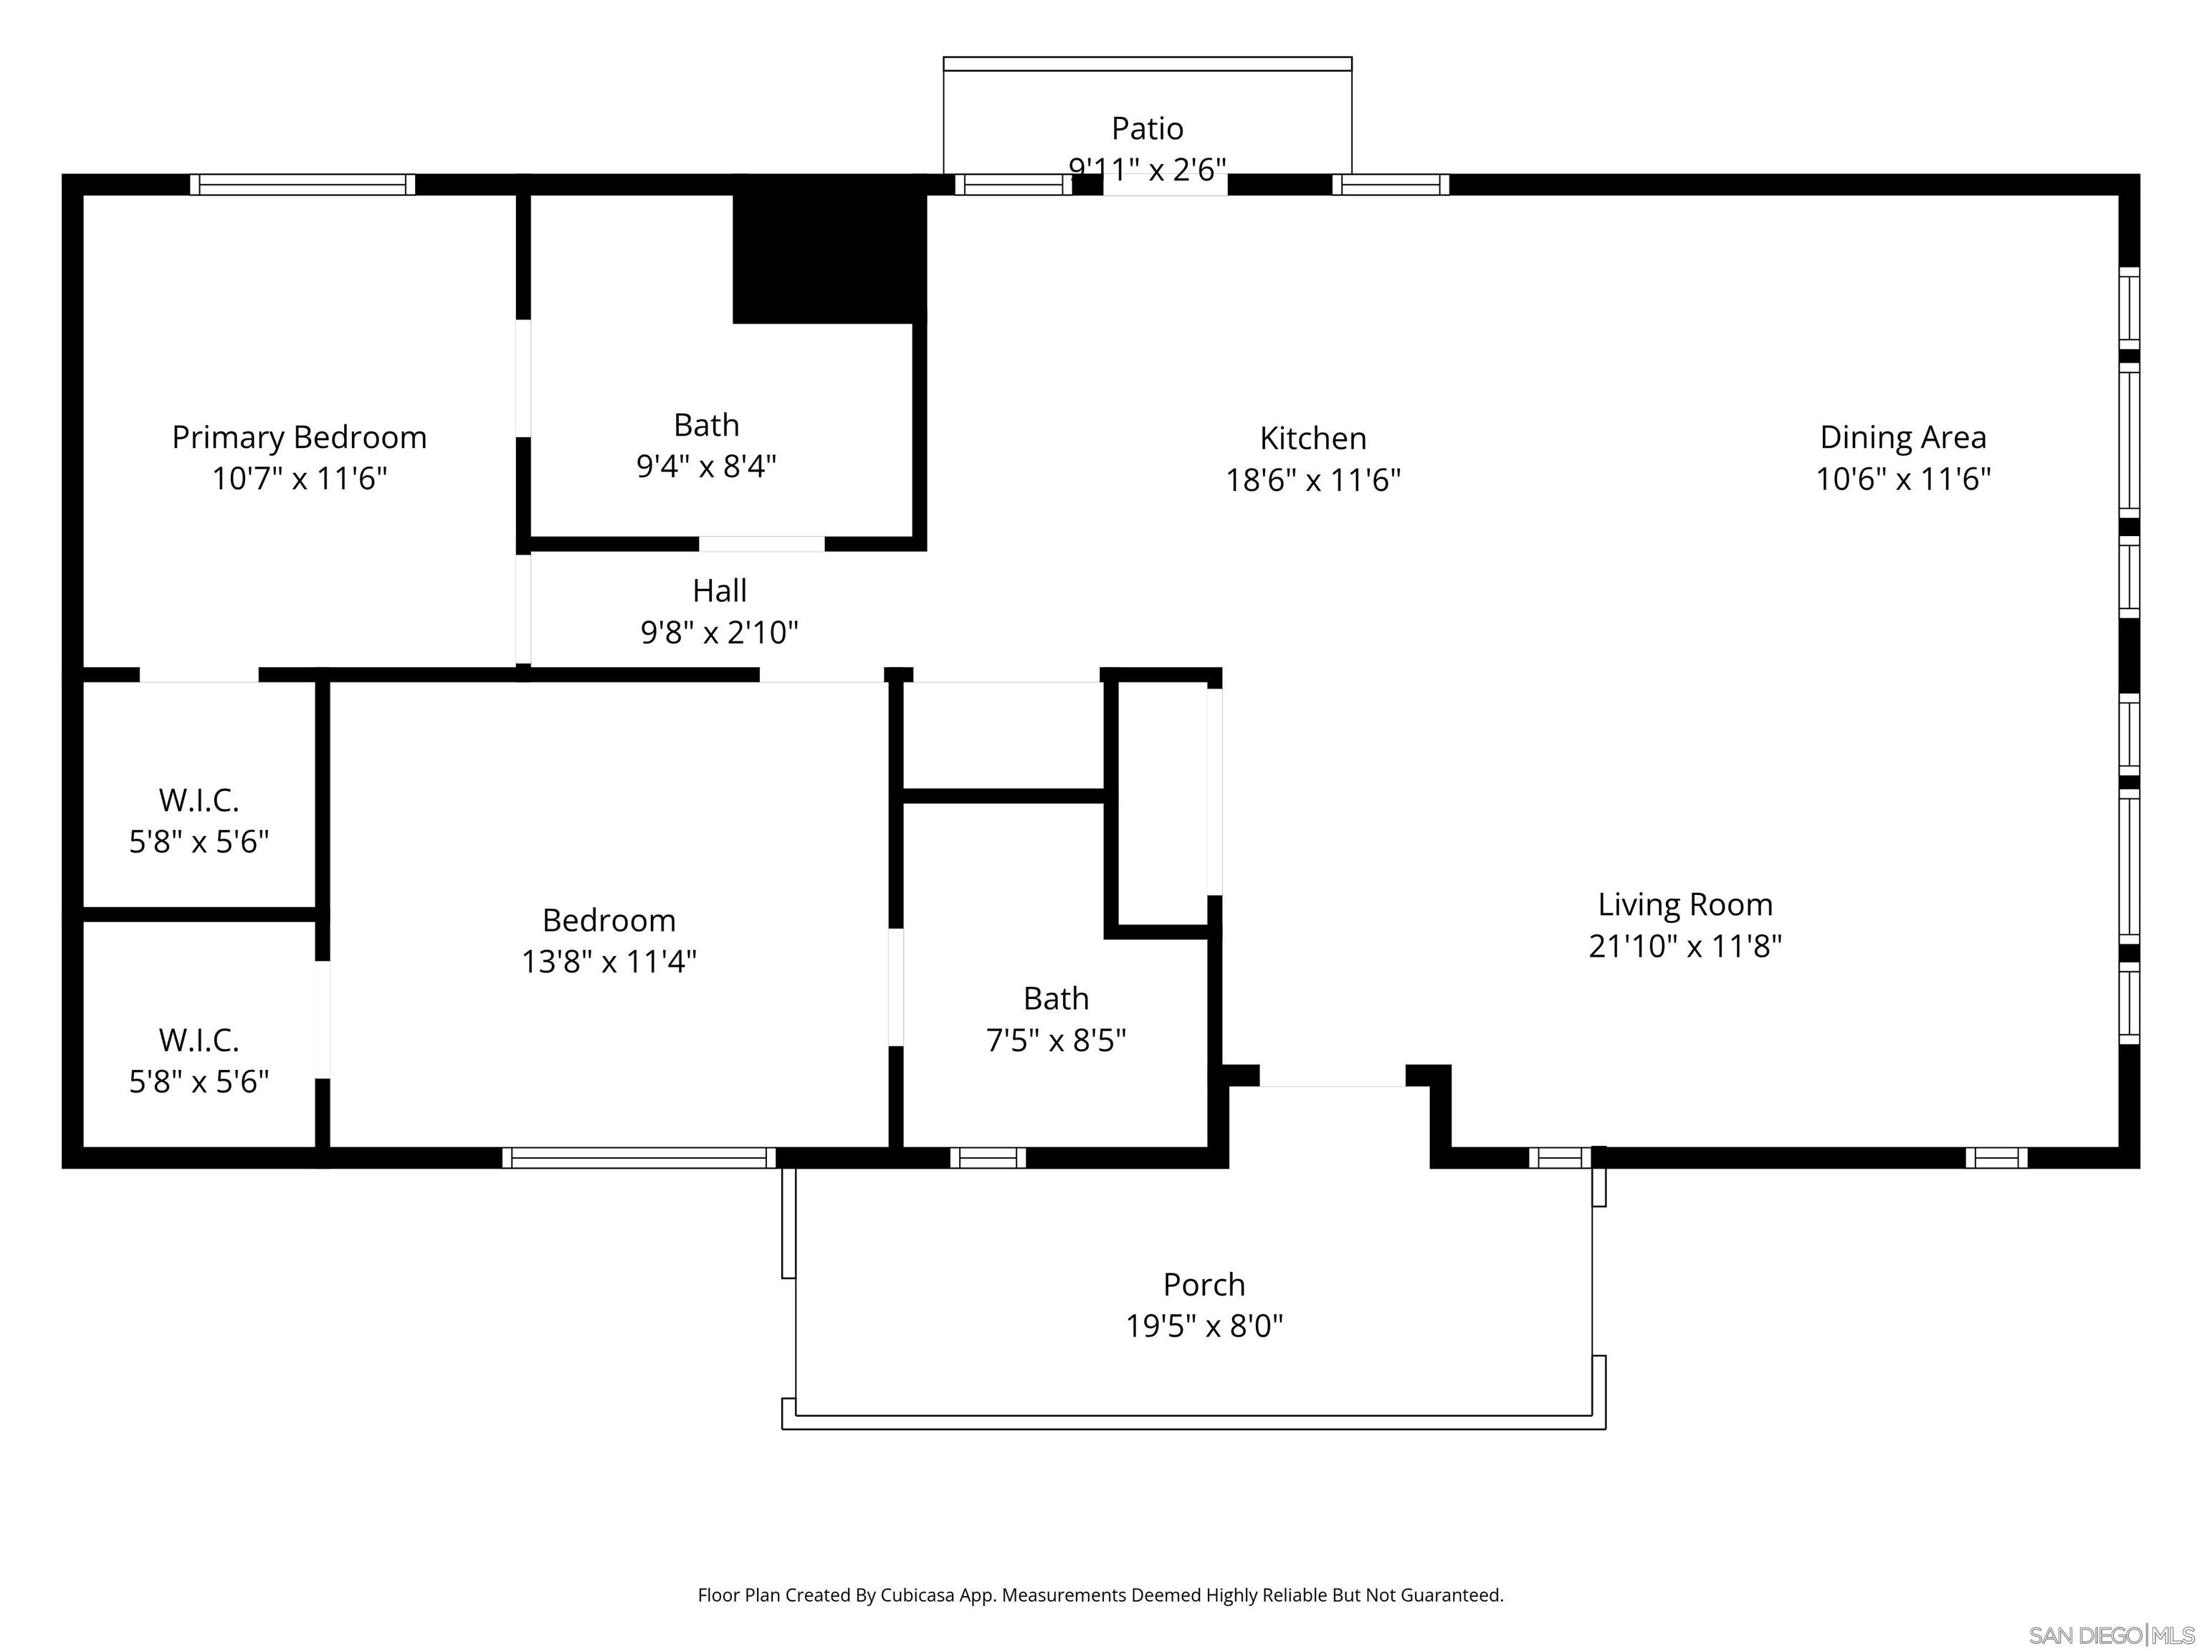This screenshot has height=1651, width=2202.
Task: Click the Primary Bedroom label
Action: [x=299, y=437]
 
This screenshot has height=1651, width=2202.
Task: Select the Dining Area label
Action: [x=1902, y=437]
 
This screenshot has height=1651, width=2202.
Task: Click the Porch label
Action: [x=1204, y=1284]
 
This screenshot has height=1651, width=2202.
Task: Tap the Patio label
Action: [x=1147, y=128]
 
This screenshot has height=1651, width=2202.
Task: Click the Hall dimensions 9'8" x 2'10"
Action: [x=719, y=632]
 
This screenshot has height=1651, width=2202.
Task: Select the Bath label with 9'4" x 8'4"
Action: [x=706, y=425]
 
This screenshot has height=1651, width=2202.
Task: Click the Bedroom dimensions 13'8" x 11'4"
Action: [x=609, y=962]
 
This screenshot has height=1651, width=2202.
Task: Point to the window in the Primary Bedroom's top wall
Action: [x=302, y=184]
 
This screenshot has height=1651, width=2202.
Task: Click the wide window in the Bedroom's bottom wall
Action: [x=638, y=1157]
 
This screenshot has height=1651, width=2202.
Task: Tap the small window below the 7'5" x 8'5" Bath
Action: [x=988, y=1157]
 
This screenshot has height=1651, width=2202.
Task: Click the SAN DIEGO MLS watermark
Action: [x=2110, y=1635]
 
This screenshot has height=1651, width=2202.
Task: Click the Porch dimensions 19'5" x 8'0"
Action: [x=1204, y=1326]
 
